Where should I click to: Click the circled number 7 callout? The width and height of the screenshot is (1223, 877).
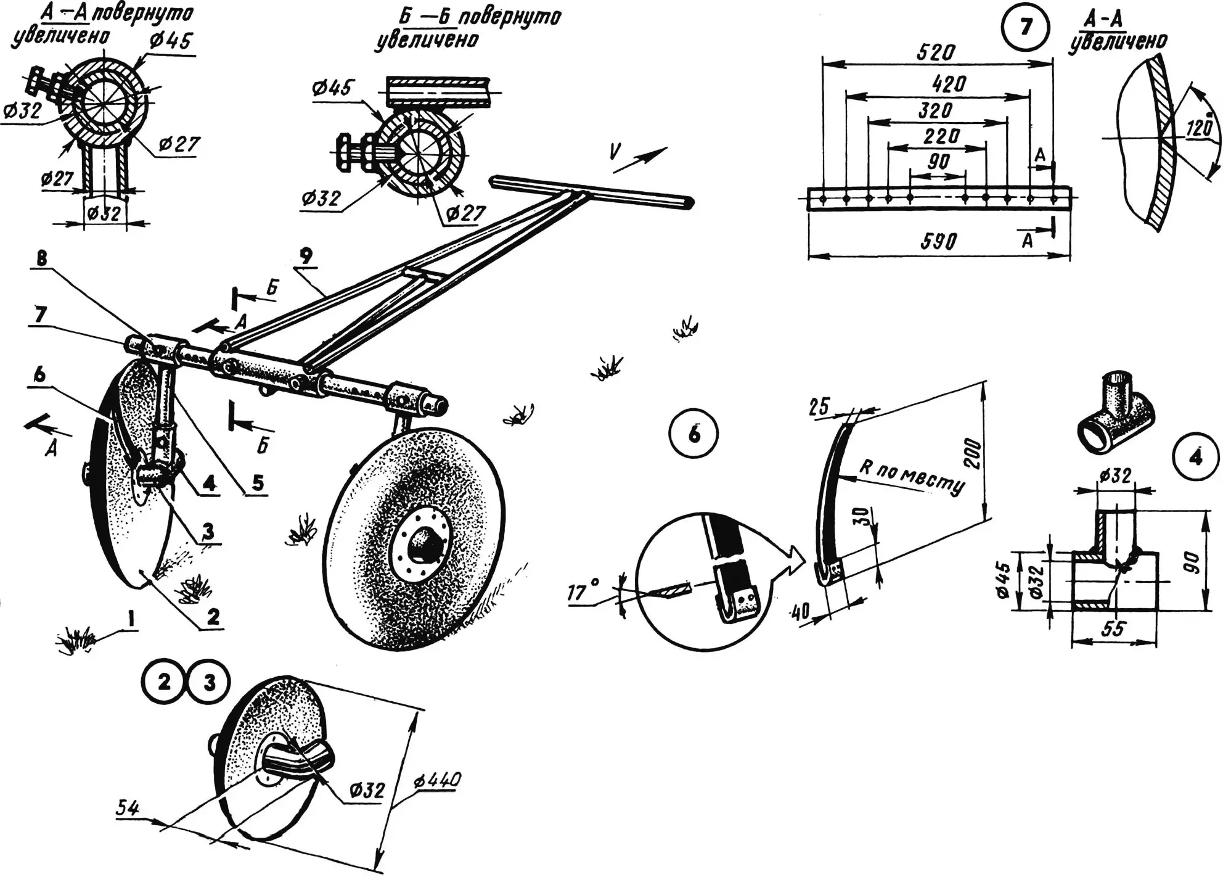tap(1025, 27)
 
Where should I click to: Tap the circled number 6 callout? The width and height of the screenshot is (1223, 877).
tap(694, 435)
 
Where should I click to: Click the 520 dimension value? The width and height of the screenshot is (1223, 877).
tap(936, 52)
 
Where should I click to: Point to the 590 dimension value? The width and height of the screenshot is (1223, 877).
tap(938, 241)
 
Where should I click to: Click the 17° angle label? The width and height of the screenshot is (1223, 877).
tap(582, 593)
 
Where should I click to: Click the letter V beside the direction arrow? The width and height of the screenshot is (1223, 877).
tap(614, 152)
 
